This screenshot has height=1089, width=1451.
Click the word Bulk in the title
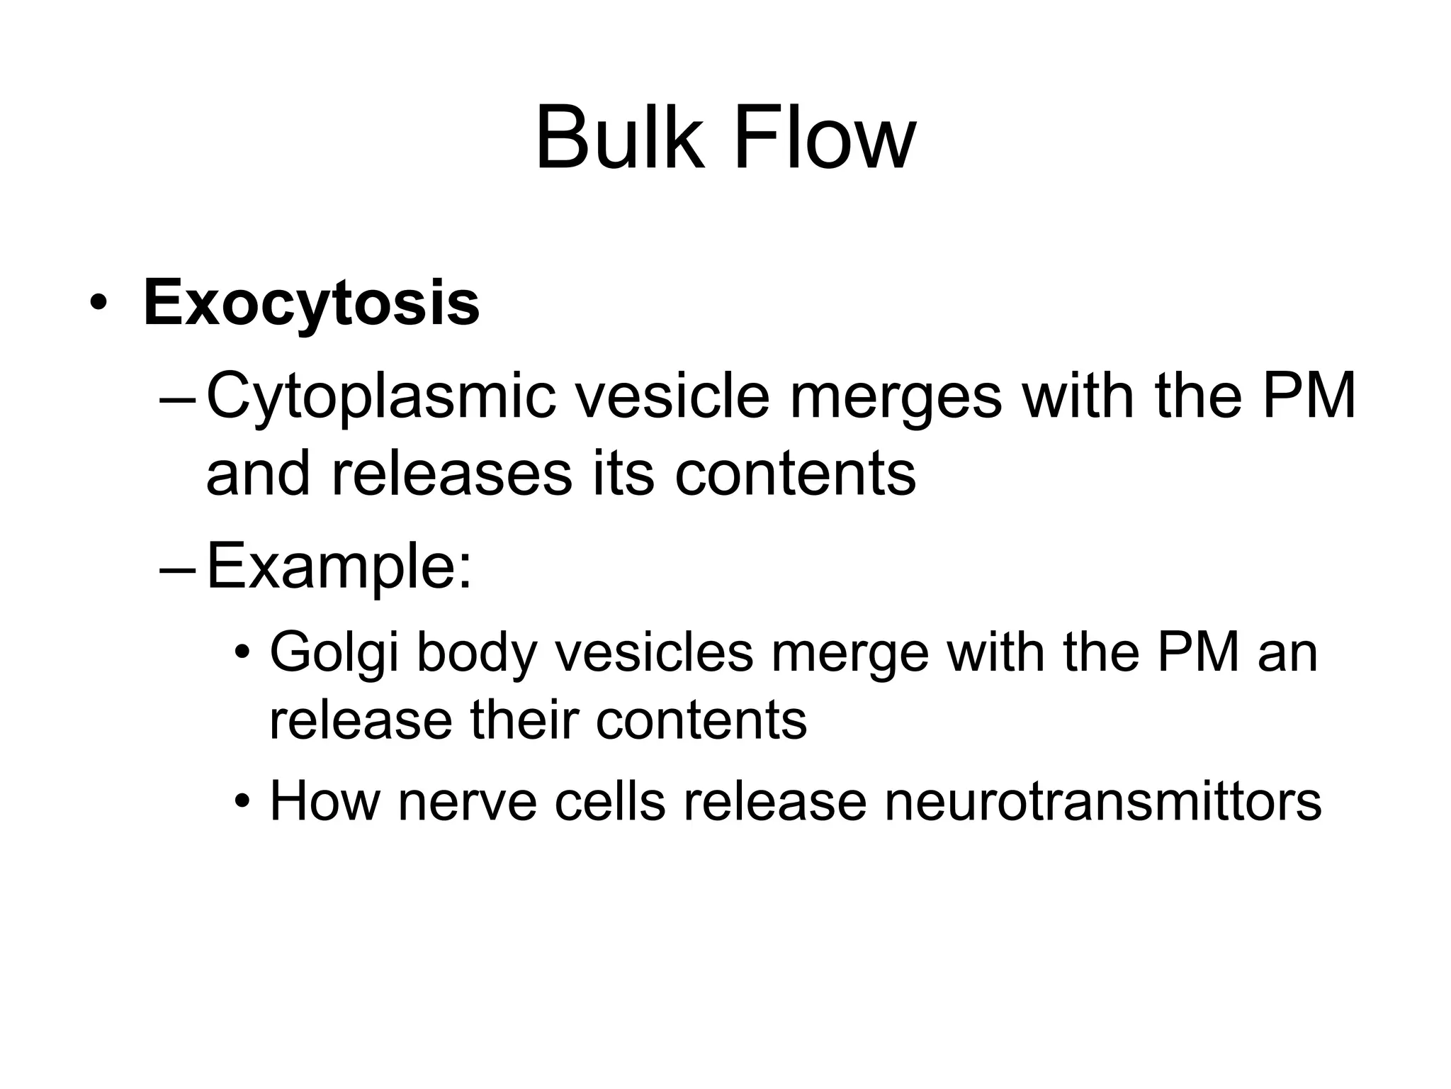(x=621, y=138)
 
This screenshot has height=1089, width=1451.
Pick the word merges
(x=896, y=398)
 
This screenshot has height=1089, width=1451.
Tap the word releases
(x=451, y=474)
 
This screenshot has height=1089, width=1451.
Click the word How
(x=324, y=803)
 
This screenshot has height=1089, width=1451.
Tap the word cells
(x=610, y=803)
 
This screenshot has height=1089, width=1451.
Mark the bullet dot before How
(x=243, y=803)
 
